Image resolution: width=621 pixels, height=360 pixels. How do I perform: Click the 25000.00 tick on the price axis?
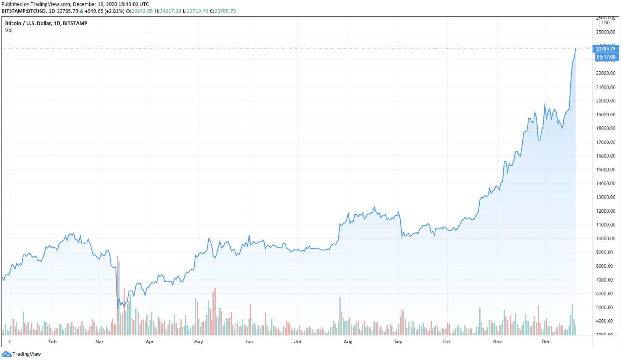[606, 32]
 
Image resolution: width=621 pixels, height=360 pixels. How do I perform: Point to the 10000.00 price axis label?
[606, 239]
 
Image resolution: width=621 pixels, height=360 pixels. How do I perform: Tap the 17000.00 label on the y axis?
[606, 142]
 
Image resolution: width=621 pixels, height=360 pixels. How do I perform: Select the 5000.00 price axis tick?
[606, 307]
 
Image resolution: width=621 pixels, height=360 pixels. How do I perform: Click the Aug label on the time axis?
[348, 342]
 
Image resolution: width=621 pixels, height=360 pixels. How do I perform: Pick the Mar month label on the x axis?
[99, 342]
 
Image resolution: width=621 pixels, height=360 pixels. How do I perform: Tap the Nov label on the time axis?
[497, 342]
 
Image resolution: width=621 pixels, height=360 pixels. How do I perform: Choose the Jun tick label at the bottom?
[249, 342]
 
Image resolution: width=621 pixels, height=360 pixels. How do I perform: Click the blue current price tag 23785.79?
[606, 49]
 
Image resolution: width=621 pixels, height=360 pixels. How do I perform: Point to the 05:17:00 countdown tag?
[606, 57]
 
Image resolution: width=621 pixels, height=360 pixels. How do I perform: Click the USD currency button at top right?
[606, 23]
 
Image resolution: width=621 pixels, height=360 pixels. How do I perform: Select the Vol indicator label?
[9, 30]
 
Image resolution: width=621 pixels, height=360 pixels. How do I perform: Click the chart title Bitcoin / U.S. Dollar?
[46, 23]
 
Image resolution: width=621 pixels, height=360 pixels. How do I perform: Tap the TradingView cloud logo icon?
[6, 354]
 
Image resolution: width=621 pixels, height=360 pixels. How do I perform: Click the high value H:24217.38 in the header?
[168, 11]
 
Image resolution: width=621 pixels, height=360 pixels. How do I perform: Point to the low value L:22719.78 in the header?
[195, 11]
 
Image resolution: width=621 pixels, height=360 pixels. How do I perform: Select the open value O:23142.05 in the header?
[139, 11]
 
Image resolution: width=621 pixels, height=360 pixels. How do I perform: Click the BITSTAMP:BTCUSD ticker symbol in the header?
[24, 11]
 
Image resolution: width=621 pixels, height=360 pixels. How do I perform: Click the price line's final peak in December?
[576, 49]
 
